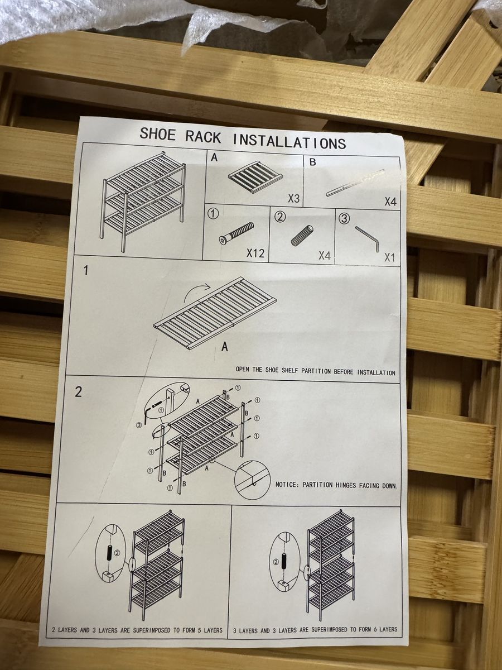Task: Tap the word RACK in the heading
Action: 203,137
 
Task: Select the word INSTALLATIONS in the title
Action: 289,142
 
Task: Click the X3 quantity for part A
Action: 294,198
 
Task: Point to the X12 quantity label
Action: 255,253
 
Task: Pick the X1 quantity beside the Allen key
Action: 389,257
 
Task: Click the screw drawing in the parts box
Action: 236,233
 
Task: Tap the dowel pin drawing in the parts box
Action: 302,235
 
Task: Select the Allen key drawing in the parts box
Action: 367,239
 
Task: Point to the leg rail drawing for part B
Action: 355,183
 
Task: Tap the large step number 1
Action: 86,270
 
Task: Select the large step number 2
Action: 78,392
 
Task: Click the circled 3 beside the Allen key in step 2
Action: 139,425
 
